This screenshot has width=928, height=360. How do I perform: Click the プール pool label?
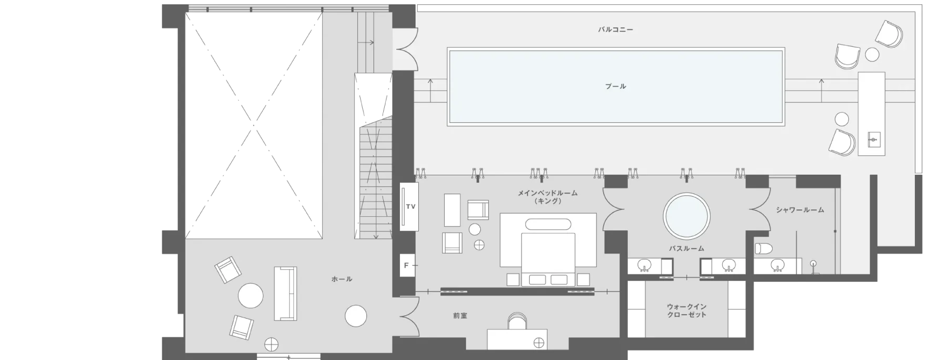[x=615, y=86]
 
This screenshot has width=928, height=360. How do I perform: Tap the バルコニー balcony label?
[x=615, y=29]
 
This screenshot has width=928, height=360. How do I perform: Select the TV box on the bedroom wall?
[x=410, y=206]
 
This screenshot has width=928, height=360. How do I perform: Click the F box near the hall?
[x=406, y=266]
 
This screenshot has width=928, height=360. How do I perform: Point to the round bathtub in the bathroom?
[x=687, y=216]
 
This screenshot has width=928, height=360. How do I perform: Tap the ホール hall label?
[x=342, y=279]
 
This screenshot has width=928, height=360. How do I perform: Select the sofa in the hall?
[x=285, y=293]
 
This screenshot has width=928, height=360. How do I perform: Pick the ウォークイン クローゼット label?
[x=687, y=311]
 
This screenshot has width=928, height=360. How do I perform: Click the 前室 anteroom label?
[x=460, y=316]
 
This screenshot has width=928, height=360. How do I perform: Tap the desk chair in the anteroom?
[x=517, y=321]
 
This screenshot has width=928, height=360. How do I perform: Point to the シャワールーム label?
[x=800, y=210]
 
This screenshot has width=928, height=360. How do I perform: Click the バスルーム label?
[x=687, y=248]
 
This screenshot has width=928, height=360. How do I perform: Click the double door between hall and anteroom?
[x=408, y=316]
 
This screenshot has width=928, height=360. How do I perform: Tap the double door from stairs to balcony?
[x=407, y=49]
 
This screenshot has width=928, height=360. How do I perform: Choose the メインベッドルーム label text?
[x=547, y=193]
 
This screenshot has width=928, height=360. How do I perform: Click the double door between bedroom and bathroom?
[x=613, y=209]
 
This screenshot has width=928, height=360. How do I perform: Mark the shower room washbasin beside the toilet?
[x=778, y=266]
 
